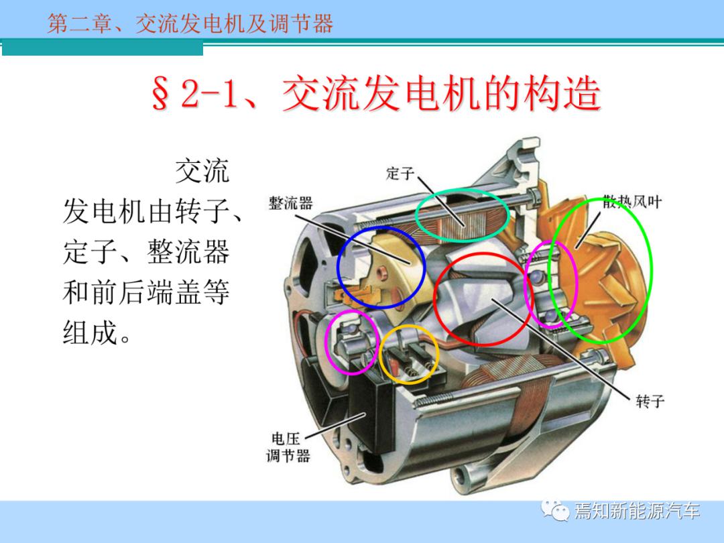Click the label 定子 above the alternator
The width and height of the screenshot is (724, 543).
[400, 174]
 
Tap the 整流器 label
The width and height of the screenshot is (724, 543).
[290, 203]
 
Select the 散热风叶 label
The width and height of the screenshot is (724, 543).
[632, 202]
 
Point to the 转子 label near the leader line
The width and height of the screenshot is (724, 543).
[650, 401]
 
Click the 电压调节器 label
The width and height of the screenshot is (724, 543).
[288, 447]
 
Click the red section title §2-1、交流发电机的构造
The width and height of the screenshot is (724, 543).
[376, 94]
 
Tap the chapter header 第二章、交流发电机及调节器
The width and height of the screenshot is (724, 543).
[190, 23]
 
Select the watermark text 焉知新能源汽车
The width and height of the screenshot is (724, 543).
[638, 511]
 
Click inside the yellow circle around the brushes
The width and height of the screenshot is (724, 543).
[409, 355]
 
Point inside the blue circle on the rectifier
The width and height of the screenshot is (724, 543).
[381, 267]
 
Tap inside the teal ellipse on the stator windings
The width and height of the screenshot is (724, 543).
[462, 215]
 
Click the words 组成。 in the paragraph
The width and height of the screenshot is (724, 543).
[97, 333]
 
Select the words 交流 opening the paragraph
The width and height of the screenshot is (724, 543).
[202, 171]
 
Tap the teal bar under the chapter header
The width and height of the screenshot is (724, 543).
[103, 48]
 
